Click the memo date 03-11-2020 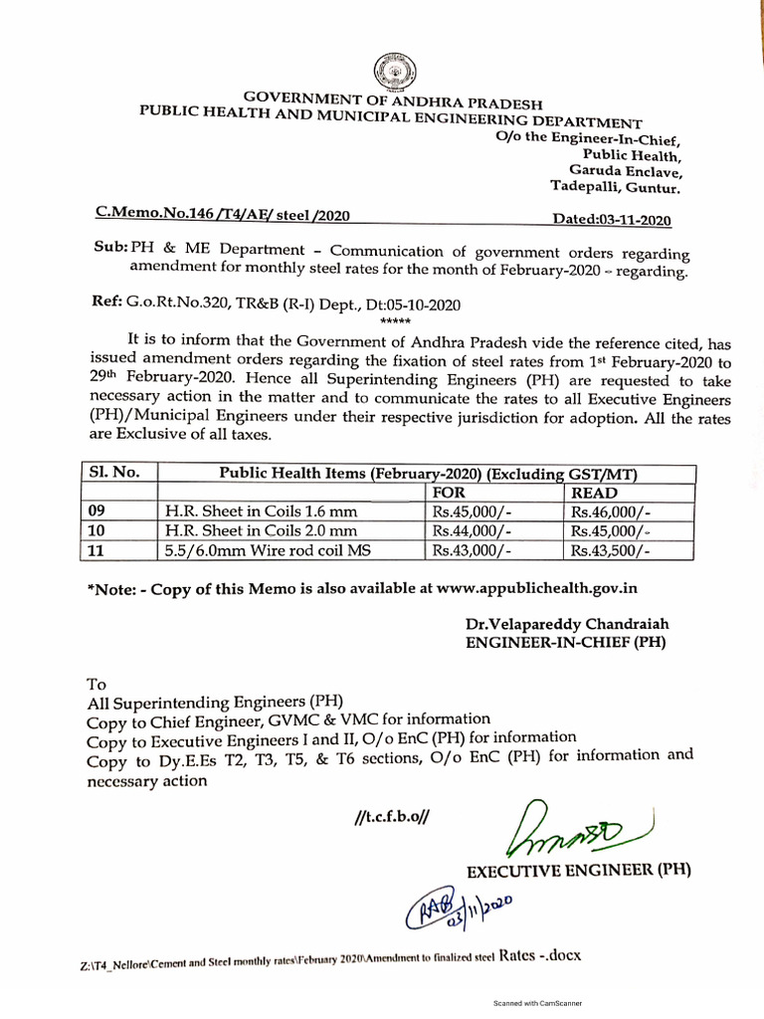[612, 220]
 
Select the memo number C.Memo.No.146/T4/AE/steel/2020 [221, 214]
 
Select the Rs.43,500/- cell [609, 549]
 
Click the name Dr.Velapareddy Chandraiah [567, 624]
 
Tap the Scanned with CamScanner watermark [537, 1003]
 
